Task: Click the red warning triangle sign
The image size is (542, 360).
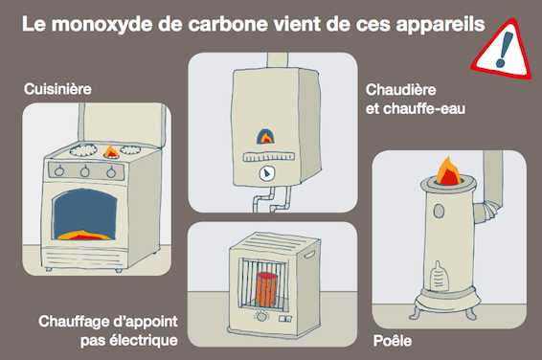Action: pyautogui.click(x=502, y=50)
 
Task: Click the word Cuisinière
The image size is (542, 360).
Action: pyautogui.click(x=57, y=89)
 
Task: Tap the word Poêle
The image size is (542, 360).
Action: pyautogui.click(x=393, y=341)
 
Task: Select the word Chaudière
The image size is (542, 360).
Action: pyautogui.click(x=401, y=90)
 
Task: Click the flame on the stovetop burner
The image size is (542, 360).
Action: pyautogui.click(x=111, y=151)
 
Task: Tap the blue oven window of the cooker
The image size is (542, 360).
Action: pyautogui.click(x=84, y=214)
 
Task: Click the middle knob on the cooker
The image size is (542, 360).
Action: pyautogui.click(x=84, y=170)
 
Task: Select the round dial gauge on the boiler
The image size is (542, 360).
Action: pyautogui.click(x=267, y=173)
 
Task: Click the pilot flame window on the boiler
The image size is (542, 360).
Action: pyautogui.click(x=266, y=137)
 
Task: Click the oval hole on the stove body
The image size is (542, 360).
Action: pyautogui.click(x=439, y=211)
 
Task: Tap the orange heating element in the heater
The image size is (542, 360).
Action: pyautogui.click(x=266, y=289)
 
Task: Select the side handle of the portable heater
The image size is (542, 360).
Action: pyautogui.click(x=309, y=256)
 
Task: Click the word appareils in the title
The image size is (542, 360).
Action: pyautogui.click(x=440, y=25)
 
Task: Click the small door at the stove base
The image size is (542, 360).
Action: pyautogui.click(x=439, y=276)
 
